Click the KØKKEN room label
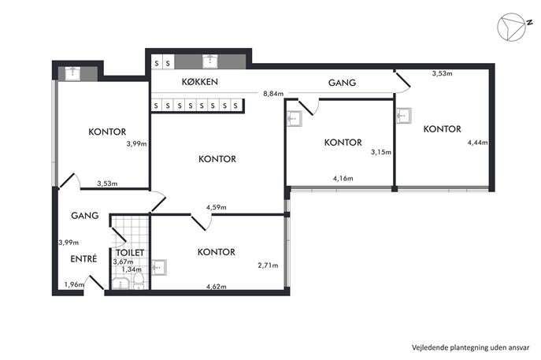point(200,82)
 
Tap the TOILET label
point(130,253)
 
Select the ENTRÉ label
point(83,258)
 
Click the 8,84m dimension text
point(273,94)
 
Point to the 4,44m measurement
point(477,143)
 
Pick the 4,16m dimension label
point(343,179)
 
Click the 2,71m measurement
point(268,265)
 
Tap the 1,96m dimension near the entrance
point(74,284)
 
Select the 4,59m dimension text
point(217,207)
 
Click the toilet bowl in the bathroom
point(139,280)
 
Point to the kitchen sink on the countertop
point(209,61)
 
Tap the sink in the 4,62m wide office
point(159,268)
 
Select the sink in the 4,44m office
point(404,116)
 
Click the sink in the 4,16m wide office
point(294,119)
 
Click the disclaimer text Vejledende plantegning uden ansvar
point(470,347)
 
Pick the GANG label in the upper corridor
point(342,83)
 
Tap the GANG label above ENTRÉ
point(85,215)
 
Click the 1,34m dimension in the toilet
point(132,269)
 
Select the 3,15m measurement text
point(381,152)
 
